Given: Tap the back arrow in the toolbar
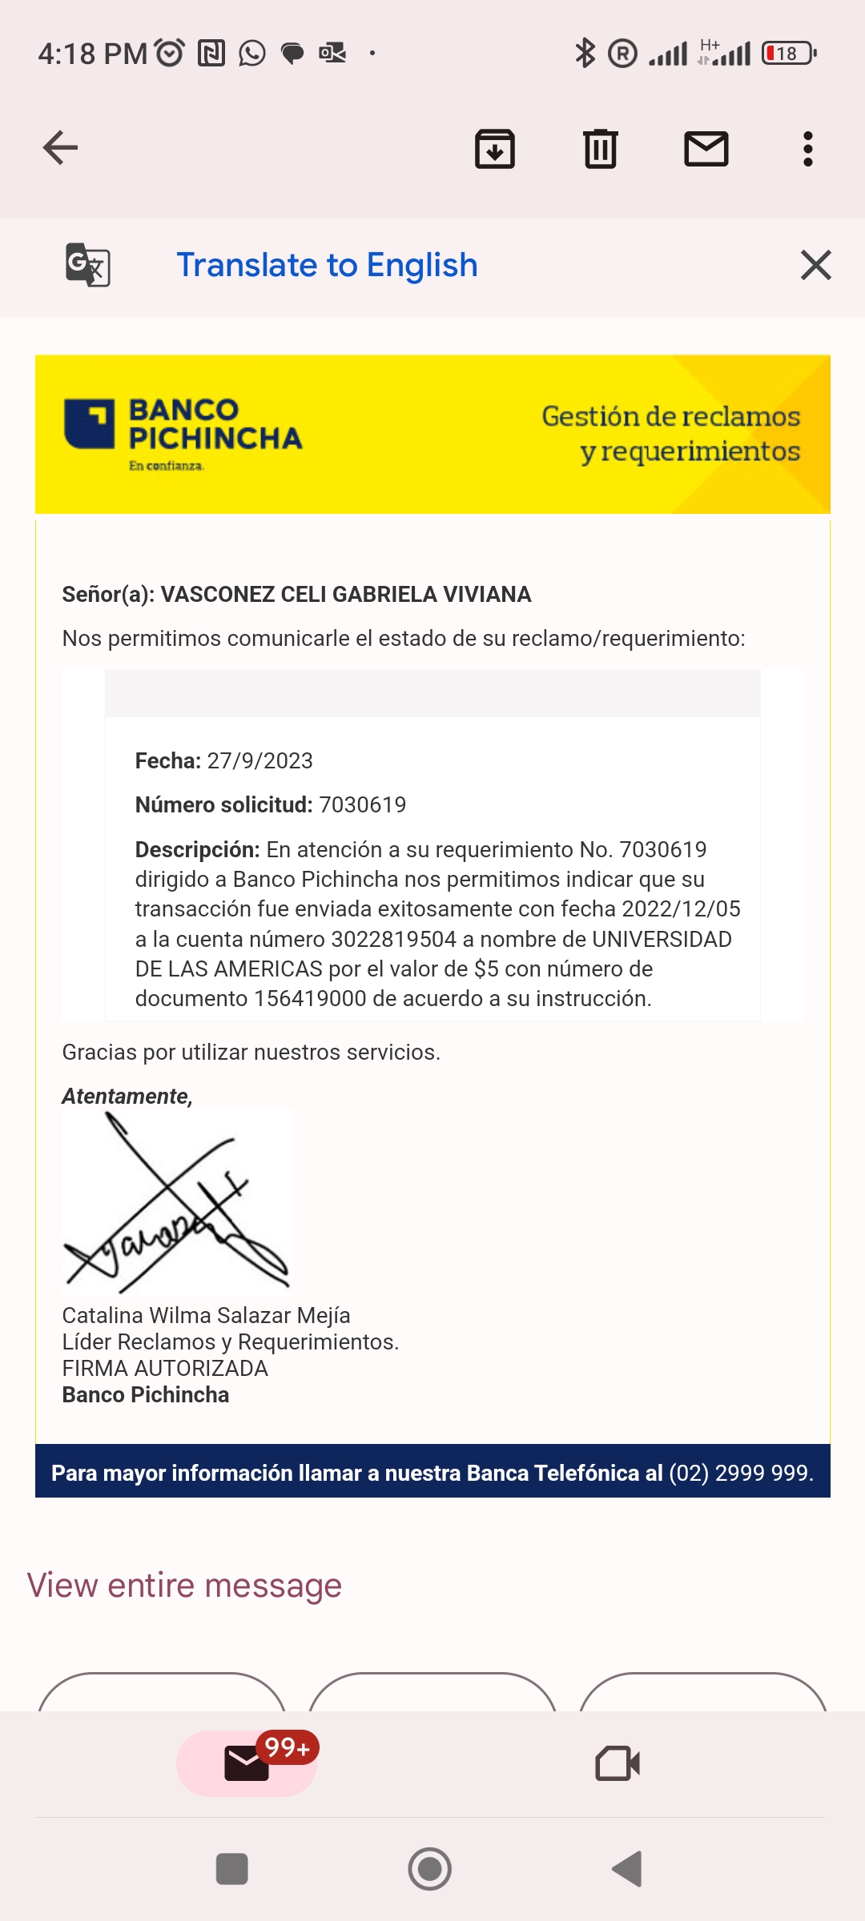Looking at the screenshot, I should tap(60, 148).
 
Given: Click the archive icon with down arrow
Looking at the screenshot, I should tap(495, 149).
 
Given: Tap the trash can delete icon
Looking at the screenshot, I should tap(601, 149).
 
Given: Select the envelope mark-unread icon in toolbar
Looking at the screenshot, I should tap(706, 149).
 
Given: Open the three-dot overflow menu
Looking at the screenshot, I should tap(808, 149).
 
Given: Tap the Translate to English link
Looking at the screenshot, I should tap(327, 265).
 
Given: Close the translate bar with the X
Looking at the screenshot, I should tap(815, 265).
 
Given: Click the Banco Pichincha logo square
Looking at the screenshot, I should tap(89, 423).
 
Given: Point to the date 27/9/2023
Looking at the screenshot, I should tap(259, 760).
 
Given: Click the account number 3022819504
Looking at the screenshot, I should tap(393, 939).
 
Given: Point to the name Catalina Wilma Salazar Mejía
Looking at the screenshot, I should tap(206, 1315).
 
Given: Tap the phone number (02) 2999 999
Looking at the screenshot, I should tap(740, 1473).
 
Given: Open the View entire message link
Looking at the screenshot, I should tap(184, 1586).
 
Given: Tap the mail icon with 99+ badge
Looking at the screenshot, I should tap(247, 1763).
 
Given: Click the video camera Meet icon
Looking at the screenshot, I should tap(618, 1763).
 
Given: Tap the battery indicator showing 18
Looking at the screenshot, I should tap(788, 54).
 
